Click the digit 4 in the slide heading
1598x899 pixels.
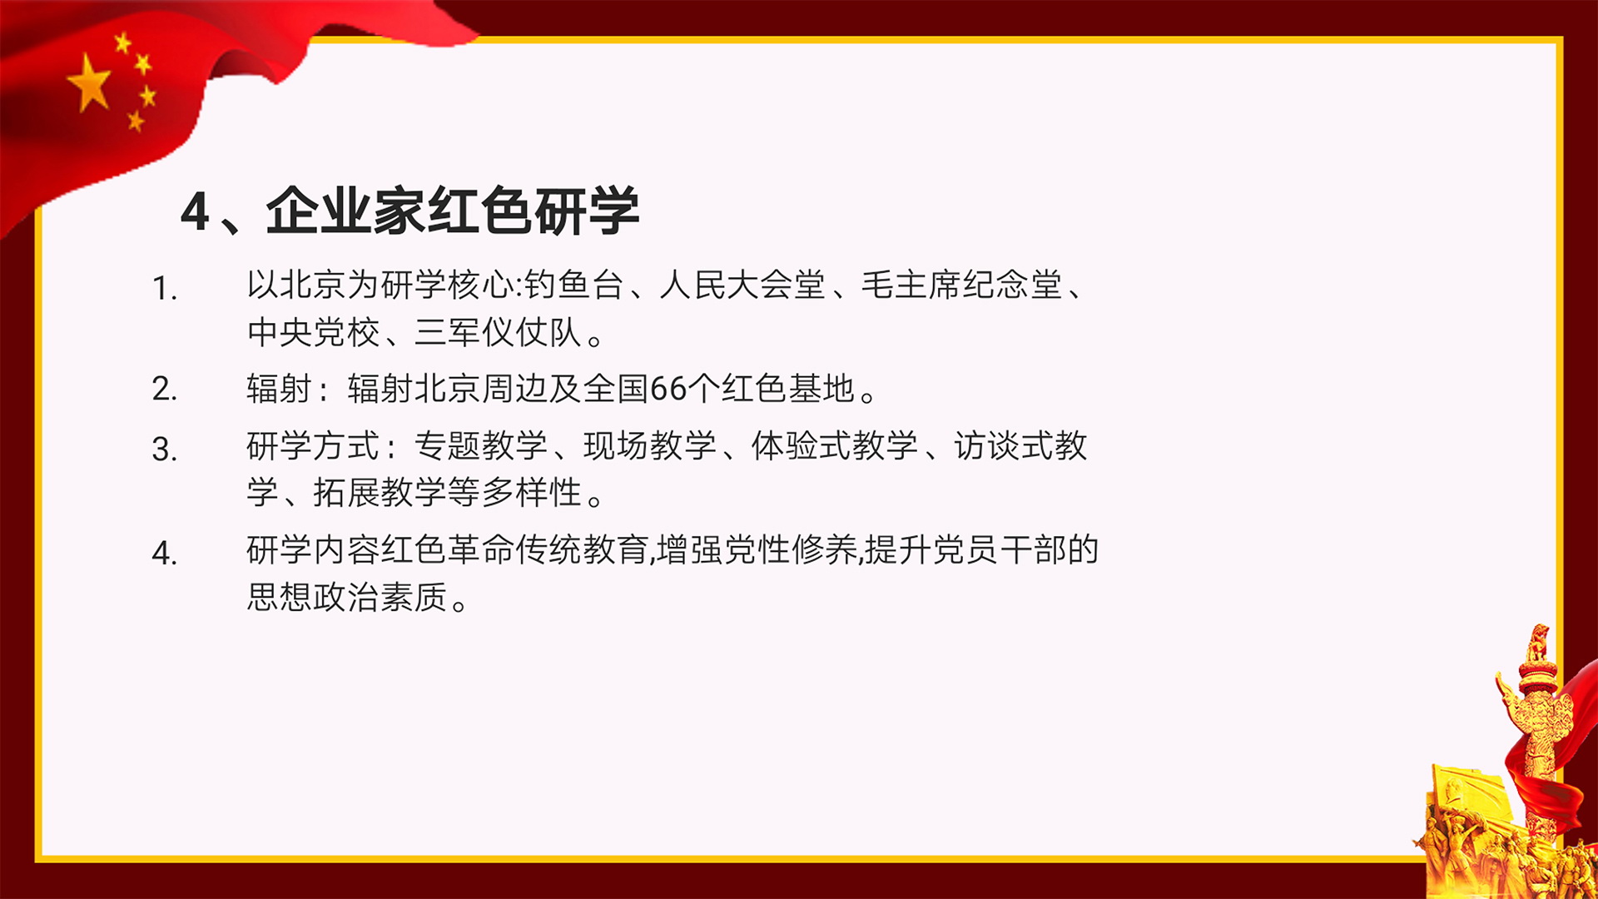tap(195, 211)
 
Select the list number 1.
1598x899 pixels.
tap(164, 289)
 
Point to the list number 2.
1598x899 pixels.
tap(164, 389)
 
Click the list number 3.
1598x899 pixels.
tap(164, 449)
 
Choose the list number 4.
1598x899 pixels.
tap(164, 553)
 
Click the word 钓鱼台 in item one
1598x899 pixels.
tap(574, 285)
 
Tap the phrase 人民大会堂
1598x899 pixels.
tap(742, 285)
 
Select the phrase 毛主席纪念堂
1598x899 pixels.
tap(961, 285)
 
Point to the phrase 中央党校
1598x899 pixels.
tap(314, 332)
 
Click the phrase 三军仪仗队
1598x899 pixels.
tap(498, 332)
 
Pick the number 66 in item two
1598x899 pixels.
tap(667, 389)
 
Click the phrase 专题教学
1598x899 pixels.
tap(481, 446)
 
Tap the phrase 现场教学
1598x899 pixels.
tap(650, 446)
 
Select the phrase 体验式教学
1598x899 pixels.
tap(835, 446)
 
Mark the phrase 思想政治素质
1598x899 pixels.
tap(347, 597)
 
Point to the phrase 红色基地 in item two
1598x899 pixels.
tap(788, 389)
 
